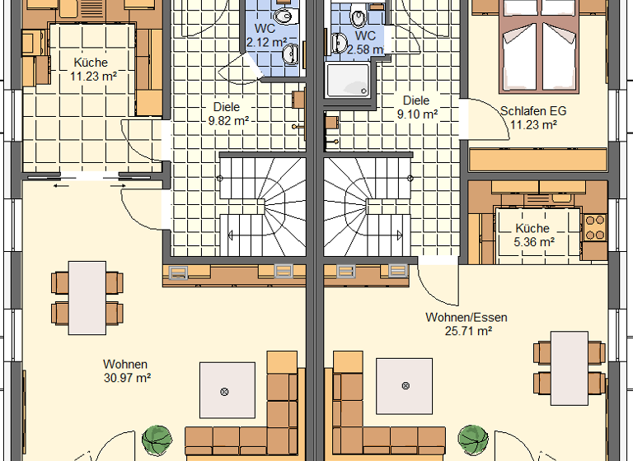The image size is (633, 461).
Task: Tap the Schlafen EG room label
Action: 533,118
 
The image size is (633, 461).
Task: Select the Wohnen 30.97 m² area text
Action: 125,370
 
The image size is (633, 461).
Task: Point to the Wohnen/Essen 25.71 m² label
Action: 466,324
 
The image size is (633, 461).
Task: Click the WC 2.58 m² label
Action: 365,43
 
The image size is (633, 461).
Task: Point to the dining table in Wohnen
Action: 86,297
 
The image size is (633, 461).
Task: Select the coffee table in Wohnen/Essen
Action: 404,385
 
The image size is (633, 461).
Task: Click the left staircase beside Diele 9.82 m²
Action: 262,206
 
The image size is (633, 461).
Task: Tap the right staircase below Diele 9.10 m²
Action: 367,206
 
